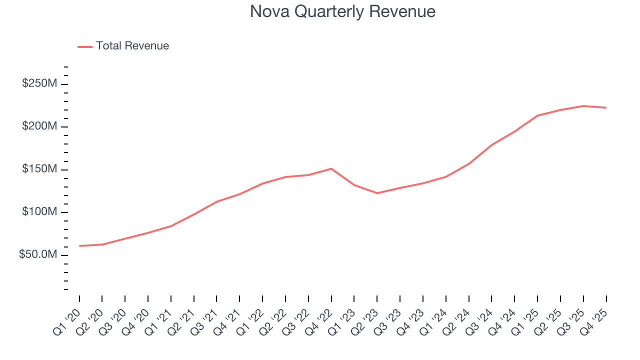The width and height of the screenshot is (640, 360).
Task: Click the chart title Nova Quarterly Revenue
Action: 342,11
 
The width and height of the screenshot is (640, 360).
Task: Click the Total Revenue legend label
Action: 132,46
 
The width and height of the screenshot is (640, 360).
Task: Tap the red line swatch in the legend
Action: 85,46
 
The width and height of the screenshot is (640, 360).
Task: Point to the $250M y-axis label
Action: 39,83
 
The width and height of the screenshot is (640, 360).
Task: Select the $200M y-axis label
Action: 39,126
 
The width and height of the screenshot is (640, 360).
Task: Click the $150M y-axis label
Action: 39,169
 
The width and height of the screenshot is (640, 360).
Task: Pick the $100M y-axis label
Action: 39,212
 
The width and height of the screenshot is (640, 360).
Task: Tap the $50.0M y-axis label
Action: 38,255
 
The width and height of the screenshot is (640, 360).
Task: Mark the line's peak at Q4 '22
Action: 331,168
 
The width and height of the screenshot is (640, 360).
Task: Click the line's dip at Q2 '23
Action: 377,193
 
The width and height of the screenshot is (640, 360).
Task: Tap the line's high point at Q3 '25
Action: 583,106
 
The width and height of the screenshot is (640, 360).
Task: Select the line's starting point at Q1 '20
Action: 79,246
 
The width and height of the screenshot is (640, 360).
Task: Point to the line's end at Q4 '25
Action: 606,107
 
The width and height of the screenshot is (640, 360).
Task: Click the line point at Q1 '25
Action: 537,115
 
